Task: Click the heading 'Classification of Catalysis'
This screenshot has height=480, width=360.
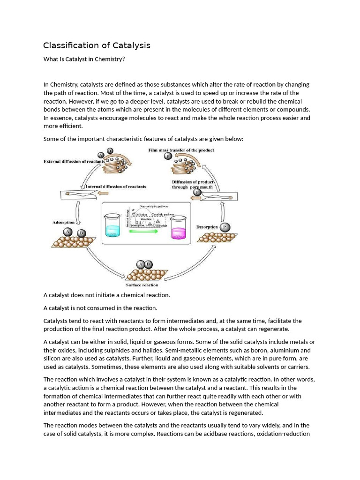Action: point(97,45)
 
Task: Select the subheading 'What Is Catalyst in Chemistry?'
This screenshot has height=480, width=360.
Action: point(84,59)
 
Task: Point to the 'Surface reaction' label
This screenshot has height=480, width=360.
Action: point(142,285)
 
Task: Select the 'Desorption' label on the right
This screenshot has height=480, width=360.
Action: point(207,227)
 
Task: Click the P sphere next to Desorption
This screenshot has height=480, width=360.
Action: point(225,227)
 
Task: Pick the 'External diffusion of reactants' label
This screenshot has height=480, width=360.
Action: point(74,162)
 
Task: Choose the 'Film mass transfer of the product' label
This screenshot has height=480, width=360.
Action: point(181,150)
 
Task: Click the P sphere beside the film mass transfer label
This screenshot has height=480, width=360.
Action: point(168,156)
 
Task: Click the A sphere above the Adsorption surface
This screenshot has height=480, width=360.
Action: point(68,232)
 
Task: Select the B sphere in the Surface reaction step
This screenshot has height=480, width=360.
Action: point(149,264)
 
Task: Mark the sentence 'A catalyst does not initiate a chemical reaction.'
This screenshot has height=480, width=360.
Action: point(107,295)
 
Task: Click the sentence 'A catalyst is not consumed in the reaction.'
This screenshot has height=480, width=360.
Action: point(100,308)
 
